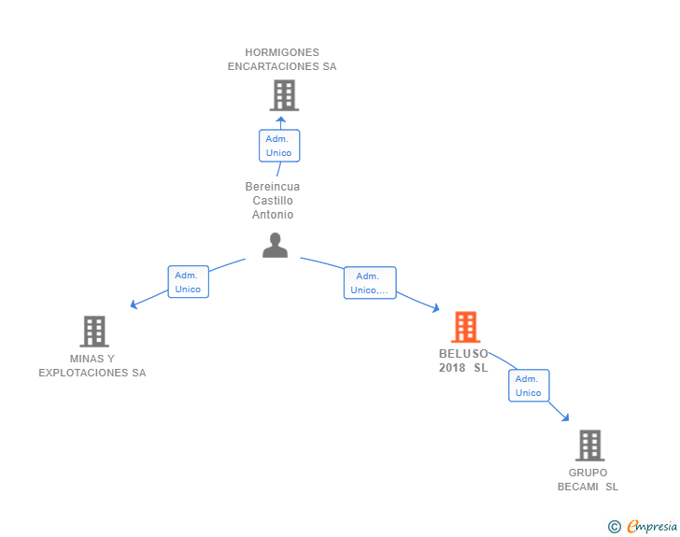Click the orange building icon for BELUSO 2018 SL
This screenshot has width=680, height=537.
tap(465, 327)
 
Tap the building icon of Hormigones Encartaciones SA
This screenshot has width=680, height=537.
tap(284, 95)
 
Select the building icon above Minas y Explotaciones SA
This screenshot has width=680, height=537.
tap(94, 332)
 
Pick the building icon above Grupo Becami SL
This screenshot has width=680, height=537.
tap(589, 445)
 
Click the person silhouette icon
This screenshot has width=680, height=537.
tap(275, 246)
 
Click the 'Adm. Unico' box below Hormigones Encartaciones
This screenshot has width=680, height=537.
tap(279, 146)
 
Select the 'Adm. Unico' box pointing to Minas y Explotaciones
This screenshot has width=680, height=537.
tap(189, 282)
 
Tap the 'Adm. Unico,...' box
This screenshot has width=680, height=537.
tap(370, 283)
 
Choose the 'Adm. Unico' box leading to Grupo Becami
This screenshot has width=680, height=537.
tap(529, 386)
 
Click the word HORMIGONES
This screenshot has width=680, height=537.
tap(282, 52)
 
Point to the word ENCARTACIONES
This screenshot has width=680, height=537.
tap(273, 66)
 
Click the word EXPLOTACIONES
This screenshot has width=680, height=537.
tap(83, 373)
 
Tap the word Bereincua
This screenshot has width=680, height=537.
tap(273, 187)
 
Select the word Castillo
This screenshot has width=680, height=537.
tap(273, 201)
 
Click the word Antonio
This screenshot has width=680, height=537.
tap(273, 214)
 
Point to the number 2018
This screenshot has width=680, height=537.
tap(452, 368)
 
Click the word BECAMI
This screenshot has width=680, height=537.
tap(577, 487)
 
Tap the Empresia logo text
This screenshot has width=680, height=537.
tap(652, 526)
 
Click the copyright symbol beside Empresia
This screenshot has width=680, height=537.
tap(615, 527)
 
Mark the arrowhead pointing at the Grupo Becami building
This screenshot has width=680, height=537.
tap(565, 417)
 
